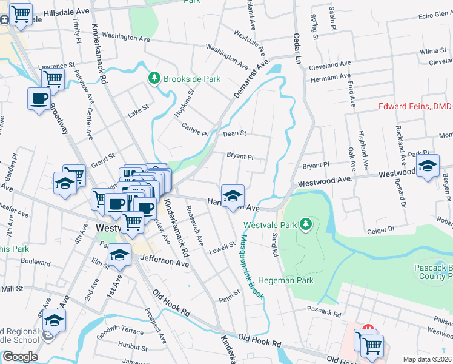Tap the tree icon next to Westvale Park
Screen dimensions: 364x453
[x=306, y=224]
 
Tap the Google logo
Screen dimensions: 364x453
[x=20, y=356]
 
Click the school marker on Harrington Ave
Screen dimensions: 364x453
[x=233, y=196]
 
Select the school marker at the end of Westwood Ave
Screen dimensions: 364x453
[x=428, y=166]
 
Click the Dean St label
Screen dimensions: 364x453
[x=235, y=133]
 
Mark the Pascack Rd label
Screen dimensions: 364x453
[x=324, y=312]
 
